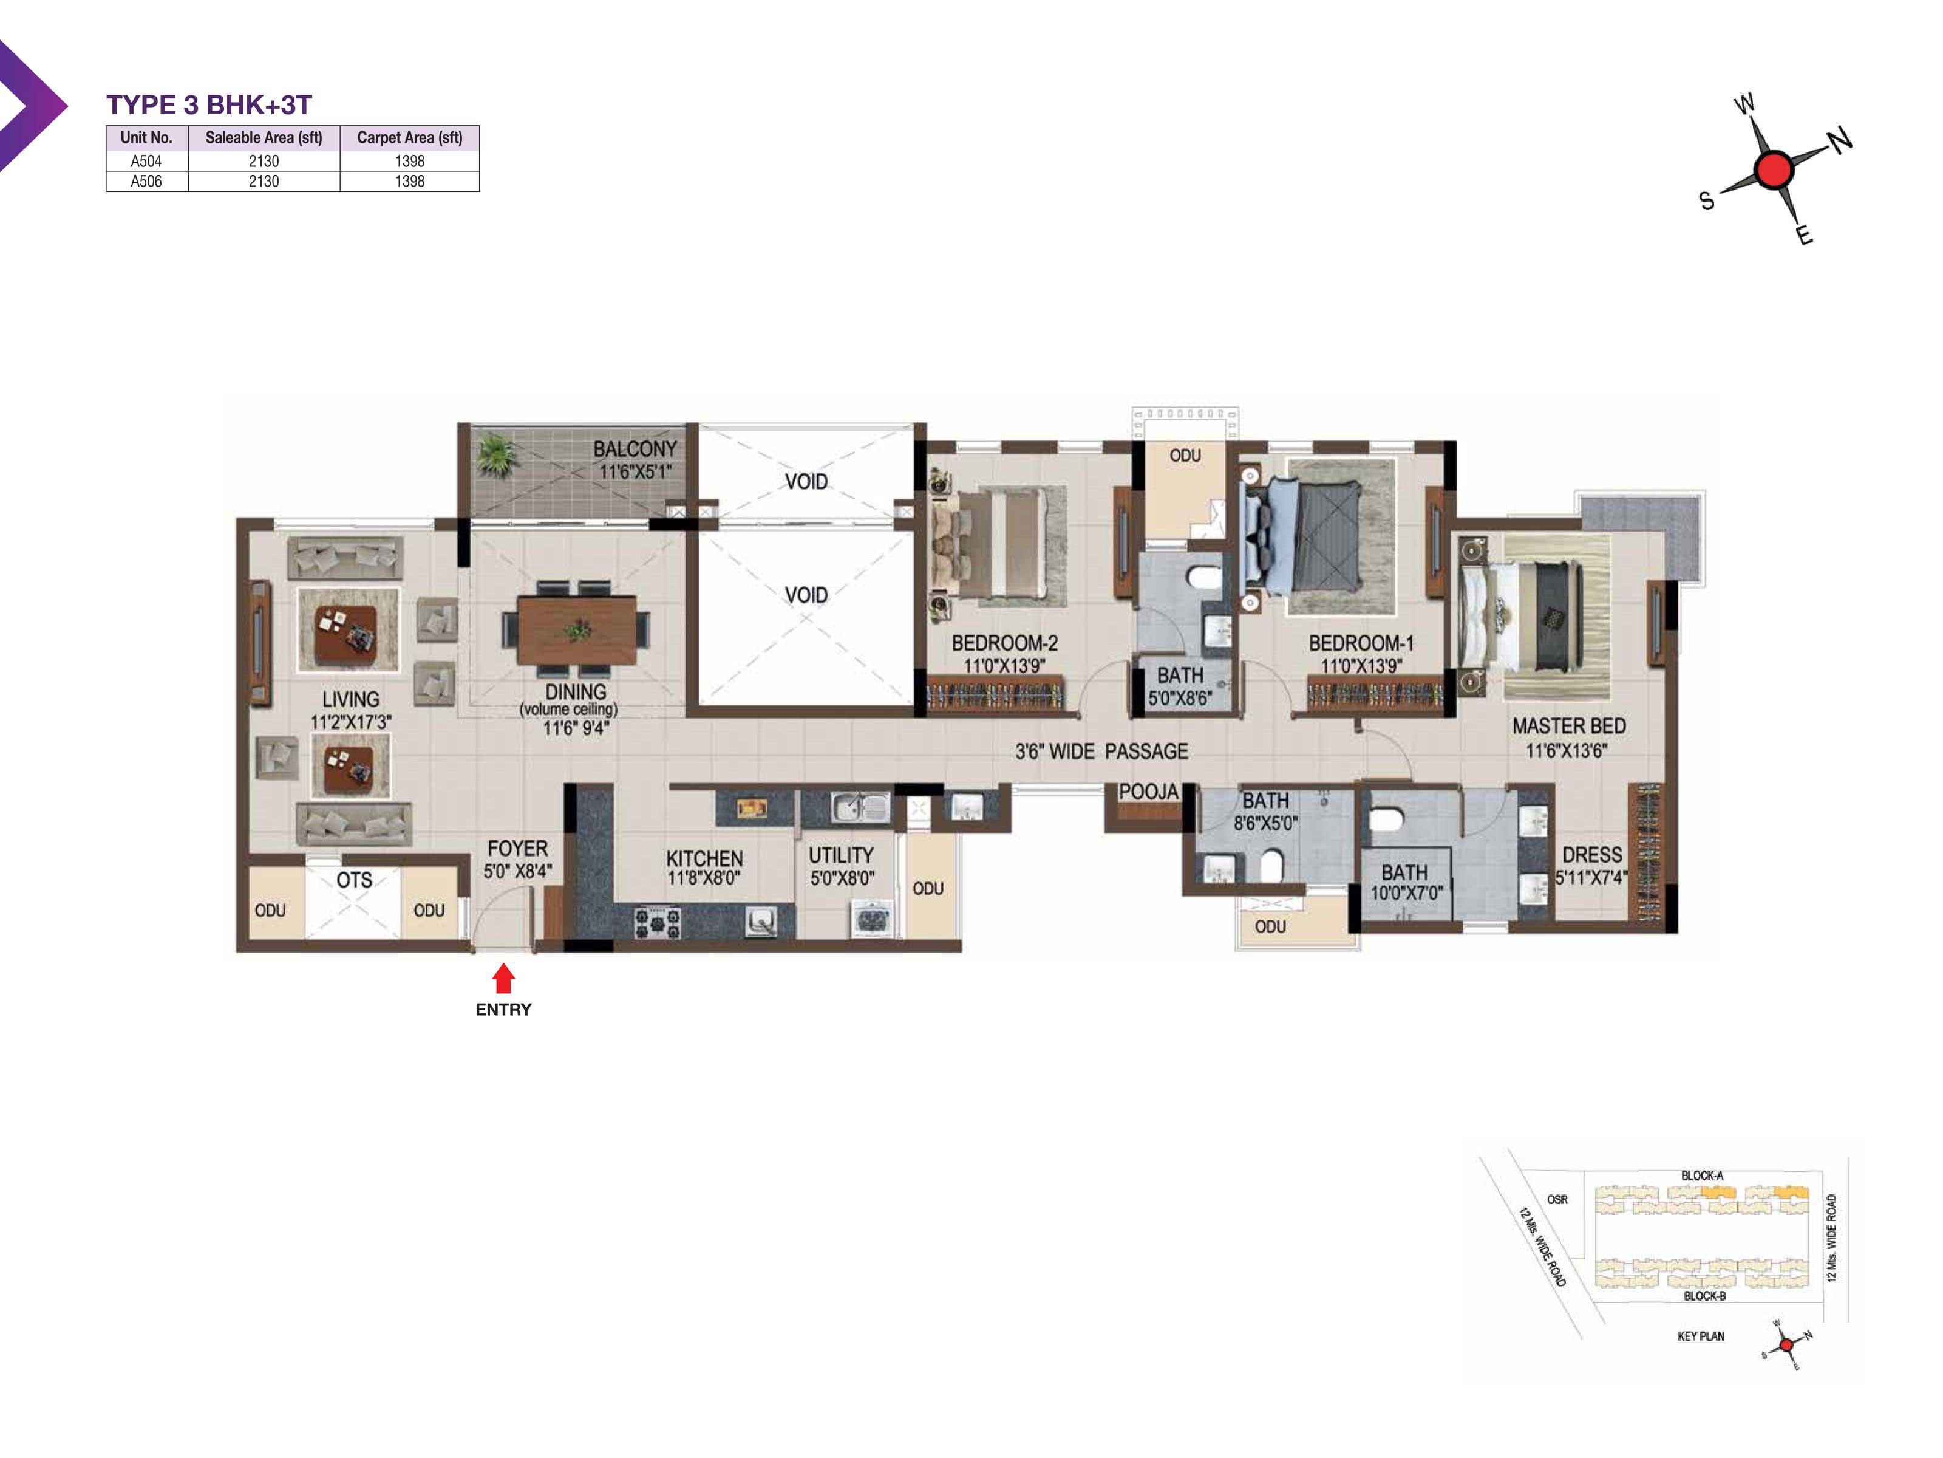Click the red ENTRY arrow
(x=503, y=978)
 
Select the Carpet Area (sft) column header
(x=409, y=137)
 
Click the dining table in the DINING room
(x=576, y=630)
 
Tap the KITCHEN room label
(x=704, y=858)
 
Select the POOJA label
(x=1148, y=792)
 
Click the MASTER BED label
(x=1569, y=726)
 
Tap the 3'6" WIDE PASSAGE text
(x=1101, y=751)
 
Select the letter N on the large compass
(x=1840, y=139)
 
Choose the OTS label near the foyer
(x=354, y=880)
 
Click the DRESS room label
(x=1591, y=854)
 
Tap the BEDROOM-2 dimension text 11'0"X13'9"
(x=1004, y=665)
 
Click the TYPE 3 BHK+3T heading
(x=209, y=104)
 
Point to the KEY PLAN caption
(x=1701, y=1336)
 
